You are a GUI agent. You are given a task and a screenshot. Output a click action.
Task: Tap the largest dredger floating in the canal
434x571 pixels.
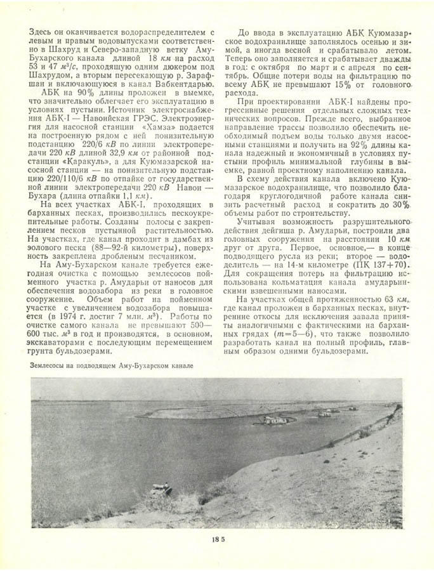(x=278, y=419)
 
